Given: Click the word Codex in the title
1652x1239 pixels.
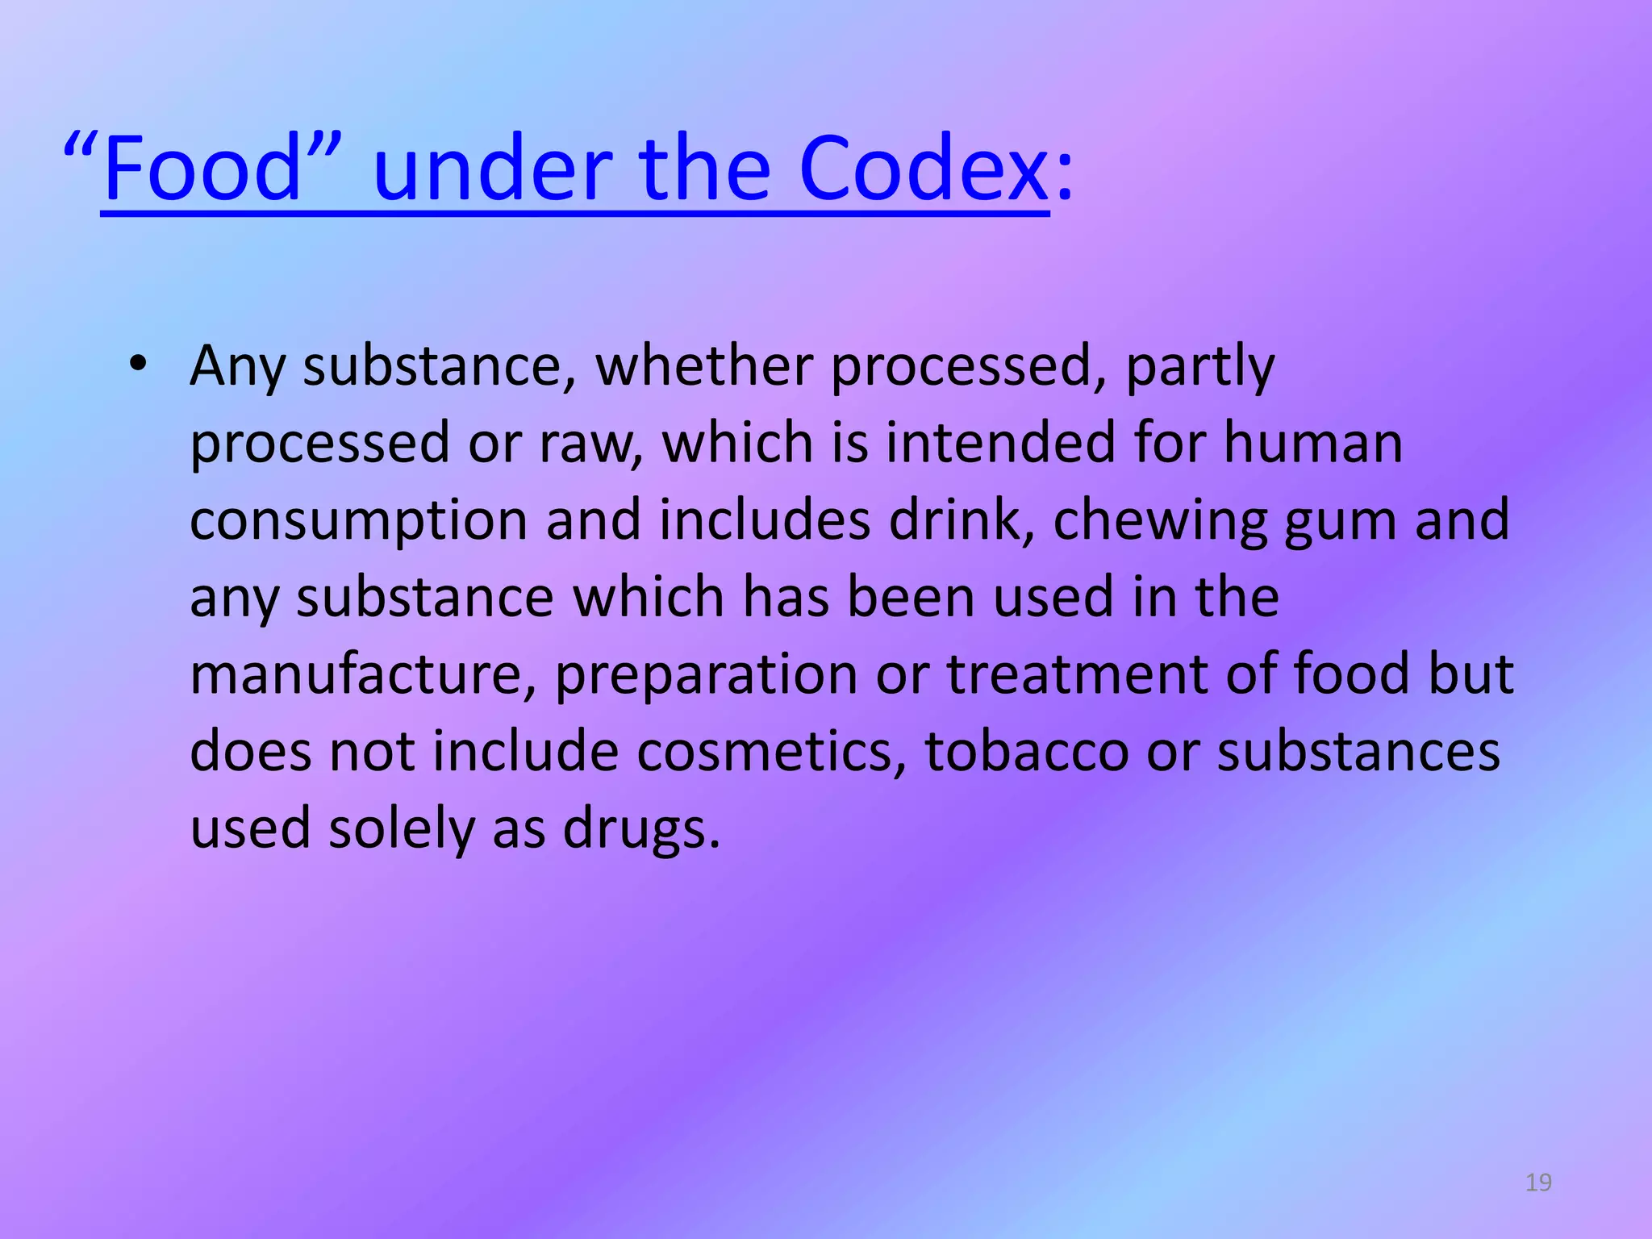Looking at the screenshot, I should (x=923, y=169).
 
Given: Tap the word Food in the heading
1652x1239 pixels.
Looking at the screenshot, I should (x=202, y=169).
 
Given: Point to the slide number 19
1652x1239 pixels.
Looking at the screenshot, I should (x=1538, y=1183).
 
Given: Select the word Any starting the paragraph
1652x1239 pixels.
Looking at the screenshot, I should (x=237, y=367).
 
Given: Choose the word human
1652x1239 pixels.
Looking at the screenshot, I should (x=1312, y=443).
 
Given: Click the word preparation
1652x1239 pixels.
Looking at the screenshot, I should (x=706, y=676).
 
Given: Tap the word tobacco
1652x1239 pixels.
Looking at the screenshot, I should (x=1026, y=752).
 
